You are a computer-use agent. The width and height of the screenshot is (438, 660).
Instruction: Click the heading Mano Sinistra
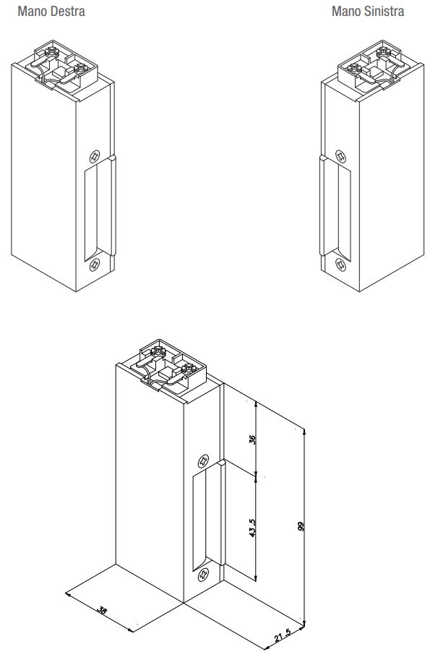tap(368, 12)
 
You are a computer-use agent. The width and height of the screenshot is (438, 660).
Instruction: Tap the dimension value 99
tap(301, 526)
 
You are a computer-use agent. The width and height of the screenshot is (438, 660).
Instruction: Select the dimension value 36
tap(253, 439)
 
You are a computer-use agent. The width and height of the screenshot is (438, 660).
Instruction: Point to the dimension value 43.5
tap(253, 526)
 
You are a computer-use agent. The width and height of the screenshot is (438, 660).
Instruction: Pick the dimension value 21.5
tap(283, 637)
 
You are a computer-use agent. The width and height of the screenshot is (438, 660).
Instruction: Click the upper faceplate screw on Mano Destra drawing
tap(95, 155)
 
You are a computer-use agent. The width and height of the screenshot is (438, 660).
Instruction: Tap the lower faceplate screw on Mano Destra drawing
tap(95, 266)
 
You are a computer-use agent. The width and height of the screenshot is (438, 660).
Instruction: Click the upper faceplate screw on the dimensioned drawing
tap(203, 460)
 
